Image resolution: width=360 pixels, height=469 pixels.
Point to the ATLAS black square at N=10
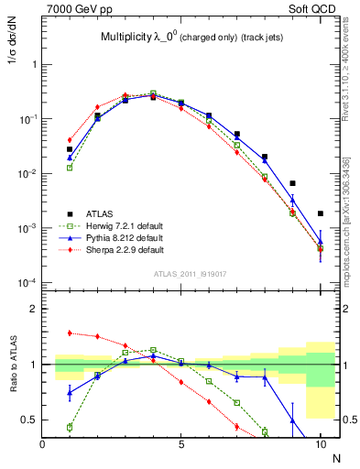point(320,213)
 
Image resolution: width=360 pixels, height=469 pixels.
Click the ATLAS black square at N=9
point(292,183)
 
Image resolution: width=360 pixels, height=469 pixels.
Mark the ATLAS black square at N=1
point(70,149)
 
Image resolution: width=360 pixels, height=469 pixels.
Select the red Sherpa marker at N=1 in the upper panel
point(70,140)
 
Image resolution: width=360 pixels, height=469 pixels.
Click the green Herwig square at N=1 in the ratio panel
point(70,427)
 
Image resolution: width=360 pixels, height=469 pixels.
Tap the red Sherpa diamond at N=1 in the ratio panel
point(70,333)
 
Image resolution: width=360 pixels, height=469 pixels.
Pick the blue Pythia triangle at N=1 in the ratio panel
point(70,392)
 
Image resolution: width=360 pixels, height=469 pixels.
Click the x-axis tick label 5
point(181,443)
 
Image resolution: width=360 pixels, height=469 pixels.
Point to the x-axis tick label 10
point(320,443)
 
